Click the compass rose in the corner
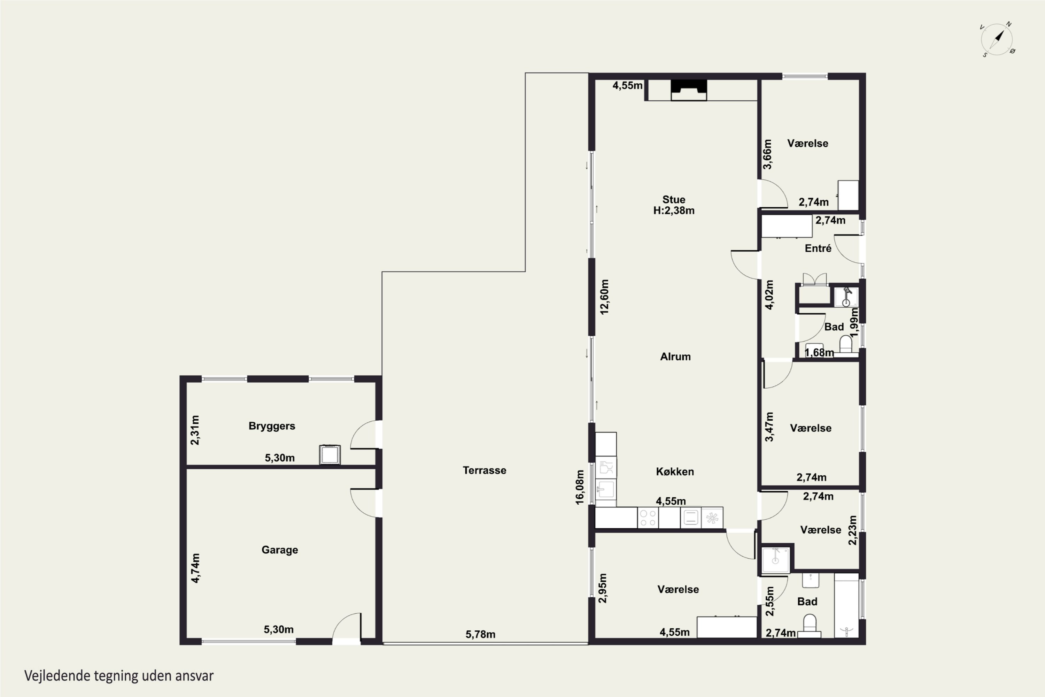point(997,39)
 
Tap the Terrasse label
point(484,470)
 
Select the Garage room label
point(279,550)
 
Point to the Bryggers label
point(271,426)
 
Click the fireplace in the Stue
point(688,90)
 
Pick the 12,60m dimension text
point(605,297)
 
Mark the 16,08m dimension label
point(580,487)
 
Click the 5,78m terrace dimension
point(480,634)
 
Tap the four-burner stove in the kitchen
point(648,518)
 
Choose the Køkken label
point(675,472)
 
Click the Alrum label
point(675,357)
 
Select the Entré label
point(818,248)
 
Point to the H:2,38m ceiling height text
point(674,211)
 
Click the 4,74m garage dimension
point(195,568)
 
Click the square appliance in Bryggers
point(330,455)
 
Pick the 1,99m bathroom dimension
point(854,322)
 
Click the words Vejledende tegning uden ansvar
point(119,676)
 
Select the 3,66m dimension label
point(767,154)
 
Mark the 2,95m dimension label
point(603,588)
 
